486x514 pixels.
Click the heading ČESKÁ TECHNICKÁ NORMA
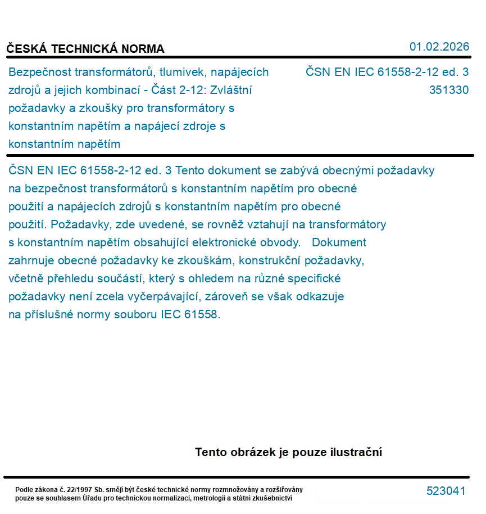click(85, 49)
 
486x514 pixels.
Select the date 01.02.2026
click(439, 47)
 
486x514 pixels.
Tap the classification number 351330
click(448, 90)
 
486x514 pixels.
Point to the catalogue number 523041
click(446, 491)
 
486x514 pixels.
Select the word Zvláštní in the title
click(231, 90)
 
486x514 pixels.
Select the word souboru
click(135, 315)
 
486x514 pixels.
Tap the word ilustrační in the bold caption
click(354, 452)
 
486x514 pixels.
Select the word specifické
click(315, 279)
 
